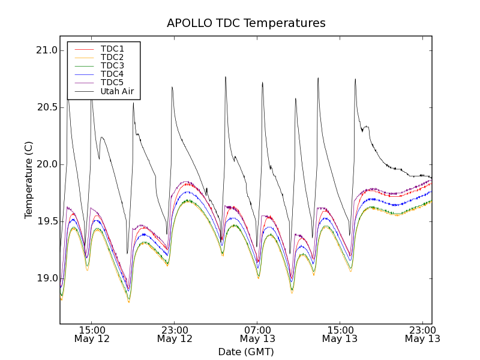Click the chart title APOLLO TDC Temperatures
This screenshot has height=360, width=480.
click(x=246, y=23)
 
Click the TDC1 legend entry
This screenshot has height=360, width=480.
click(x=112, y=49)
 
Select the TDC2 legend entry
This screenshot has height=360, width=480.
click(x=112, y=57)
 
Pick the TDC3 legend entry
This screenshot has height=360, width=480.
click(x=112, y=65)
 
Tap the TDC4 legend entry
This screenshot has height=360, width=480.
click(x=112, y=74)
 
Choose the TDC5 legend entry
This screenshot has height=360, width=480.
click(x=112, y=82)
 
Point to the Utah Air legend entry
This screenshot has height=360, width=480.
click(x=117, y=92)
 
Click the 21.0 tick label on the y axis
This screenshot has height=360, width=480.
click(x=46, y=50)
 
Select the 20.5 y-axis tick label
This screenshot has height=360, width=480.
click(x=46, y=107)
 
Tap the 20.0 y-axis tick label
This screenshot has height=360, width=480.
click(x=46, y=164)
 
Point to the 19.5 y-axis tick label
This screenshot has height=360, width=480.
click(x=46, y=221)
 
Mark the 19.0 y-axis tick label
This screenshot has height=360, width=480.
click(x=46, y=278)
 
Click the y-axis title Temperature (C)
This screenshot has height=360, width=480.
click(x=29, y=180)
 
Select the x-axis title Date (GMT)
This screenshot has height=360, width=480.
click(x=246, y=352)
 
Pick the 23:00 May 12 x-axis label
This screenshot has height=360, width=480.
click(x=175, y=334)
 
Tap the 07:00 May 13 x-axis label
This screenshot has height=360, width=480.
click(x=257, y=334)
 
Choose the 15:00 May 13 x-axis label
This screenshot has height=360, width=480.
click(x=340, y=334)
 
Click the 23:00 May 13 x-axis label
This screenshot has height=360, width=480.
click(x=422, y=334)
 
